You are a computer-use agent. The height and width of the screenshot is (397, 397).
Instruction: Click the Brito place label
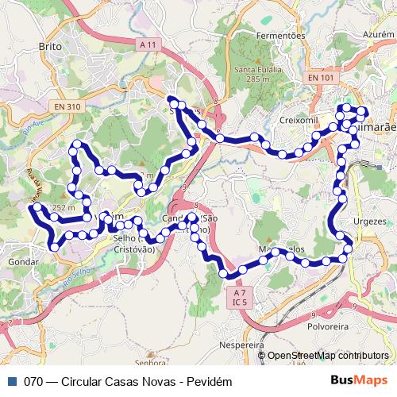click(50, 47)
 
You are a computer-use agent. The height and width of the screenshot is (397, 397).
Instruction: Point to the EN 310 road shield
click(69, 106)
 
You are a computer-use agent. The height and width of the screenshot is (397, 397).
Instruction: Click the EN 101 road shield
click(320, 77)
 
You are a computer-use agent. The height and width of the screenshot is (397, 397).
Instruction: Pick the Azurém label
click(378, 35)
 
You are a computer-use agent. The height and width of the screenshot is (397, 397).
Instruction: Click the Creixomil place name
click(299, 119)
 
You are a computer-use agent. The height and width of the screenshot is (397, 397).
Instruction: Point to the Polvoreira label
click(329, 325)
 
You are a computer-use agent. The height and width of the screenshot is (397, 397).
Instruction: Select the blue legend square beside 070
click(11, 380)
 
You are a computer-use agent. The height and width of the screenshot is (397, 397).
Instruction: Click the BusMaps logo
click(364, 380)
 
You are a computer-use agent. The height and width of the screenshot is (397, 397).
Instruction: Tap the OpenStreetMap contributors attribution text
click(328, 356)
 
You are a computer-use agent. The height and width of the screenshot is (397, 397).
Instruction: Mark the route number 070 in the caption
click(33, 380)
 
